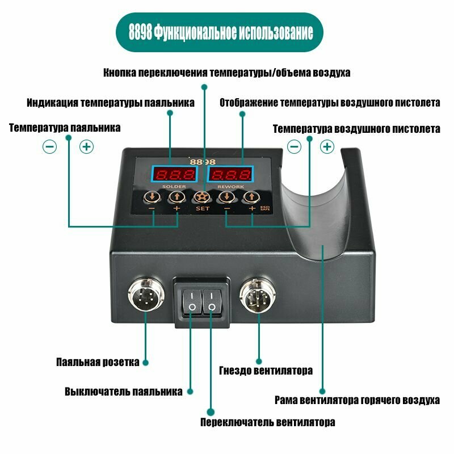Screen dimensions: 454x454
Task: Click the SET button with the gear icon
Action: coord(201,197)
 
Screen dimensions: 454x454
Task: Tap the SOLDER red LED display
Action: coord(174,174)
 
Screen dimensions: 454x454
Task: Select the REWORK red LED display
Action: coord(230,174)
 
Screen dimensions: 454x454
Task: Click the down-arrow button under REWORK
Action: coord(226,197)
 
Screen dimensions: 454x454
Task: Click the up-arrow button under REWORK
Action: coord(251,197)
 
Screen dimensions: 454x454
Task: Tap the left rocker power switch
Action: coord(192,301)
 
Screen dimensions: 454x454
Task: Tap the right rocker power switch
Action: coord(212,301)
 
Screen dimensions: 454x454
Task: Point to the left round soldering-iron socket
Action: coord(146,295)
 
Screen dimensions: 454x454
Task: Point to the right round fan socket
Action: coord(258,295)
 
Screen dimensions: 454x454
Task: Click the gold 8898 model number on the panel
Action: coord(203,162)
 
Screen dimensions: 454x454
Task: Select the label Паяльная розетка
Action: coord(98,362)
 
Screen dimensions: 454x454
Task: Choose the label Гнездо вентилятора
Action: coord(266,371)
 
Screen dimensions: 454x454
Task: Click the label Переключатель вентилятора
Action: coord(267,422)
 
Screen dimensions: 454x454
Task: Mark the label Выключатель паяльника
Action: coord(124,392)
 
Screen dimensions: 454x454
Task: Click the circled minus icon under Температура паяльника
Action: coord(49,147)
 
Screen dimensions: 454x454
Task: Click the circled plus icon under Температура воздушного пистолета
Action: coord(327,146)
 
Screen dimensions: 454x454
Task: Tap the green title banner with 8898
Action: coord(220,32)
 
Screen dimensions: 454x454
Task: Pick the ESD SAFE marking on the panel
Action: coord(265,208)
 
